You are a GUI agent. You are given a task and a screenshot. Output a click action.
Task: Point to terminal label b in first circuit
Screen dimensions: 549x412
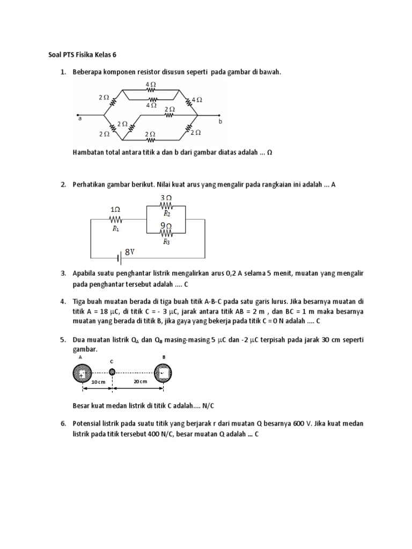click(220, 122)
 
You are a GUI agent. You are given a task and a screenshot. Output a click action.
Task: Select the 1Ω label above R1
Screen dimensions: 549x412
click(115, 209)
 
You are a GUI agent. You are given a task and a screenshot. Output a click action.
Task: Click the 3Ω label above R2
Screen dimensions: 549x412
click(166, 198)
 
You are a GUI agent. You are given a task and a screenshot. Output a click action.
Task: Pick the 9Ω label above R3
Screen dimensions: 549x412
click(166, 226)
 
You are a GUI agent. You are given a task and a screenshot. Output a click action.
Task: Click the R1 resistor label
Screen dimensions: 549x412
click(115, 228)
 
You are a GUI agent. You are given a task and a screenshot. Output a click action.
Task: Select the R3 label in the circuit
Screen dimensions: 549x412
click(166, 242)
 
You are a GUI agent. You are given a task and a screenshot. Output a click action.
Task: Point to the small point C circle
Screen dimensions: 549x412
click(112, 372)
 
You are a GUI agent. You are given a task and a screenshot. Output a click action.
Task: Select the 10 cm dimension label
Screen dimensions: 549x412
click(98, 382)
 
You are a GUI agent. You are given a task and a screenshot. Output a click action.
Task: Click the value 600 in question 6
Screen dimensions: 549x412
click(299, 424)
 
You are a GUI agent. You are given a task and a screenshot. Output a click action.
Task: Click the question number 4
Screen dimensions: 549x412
click(63, 301)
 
